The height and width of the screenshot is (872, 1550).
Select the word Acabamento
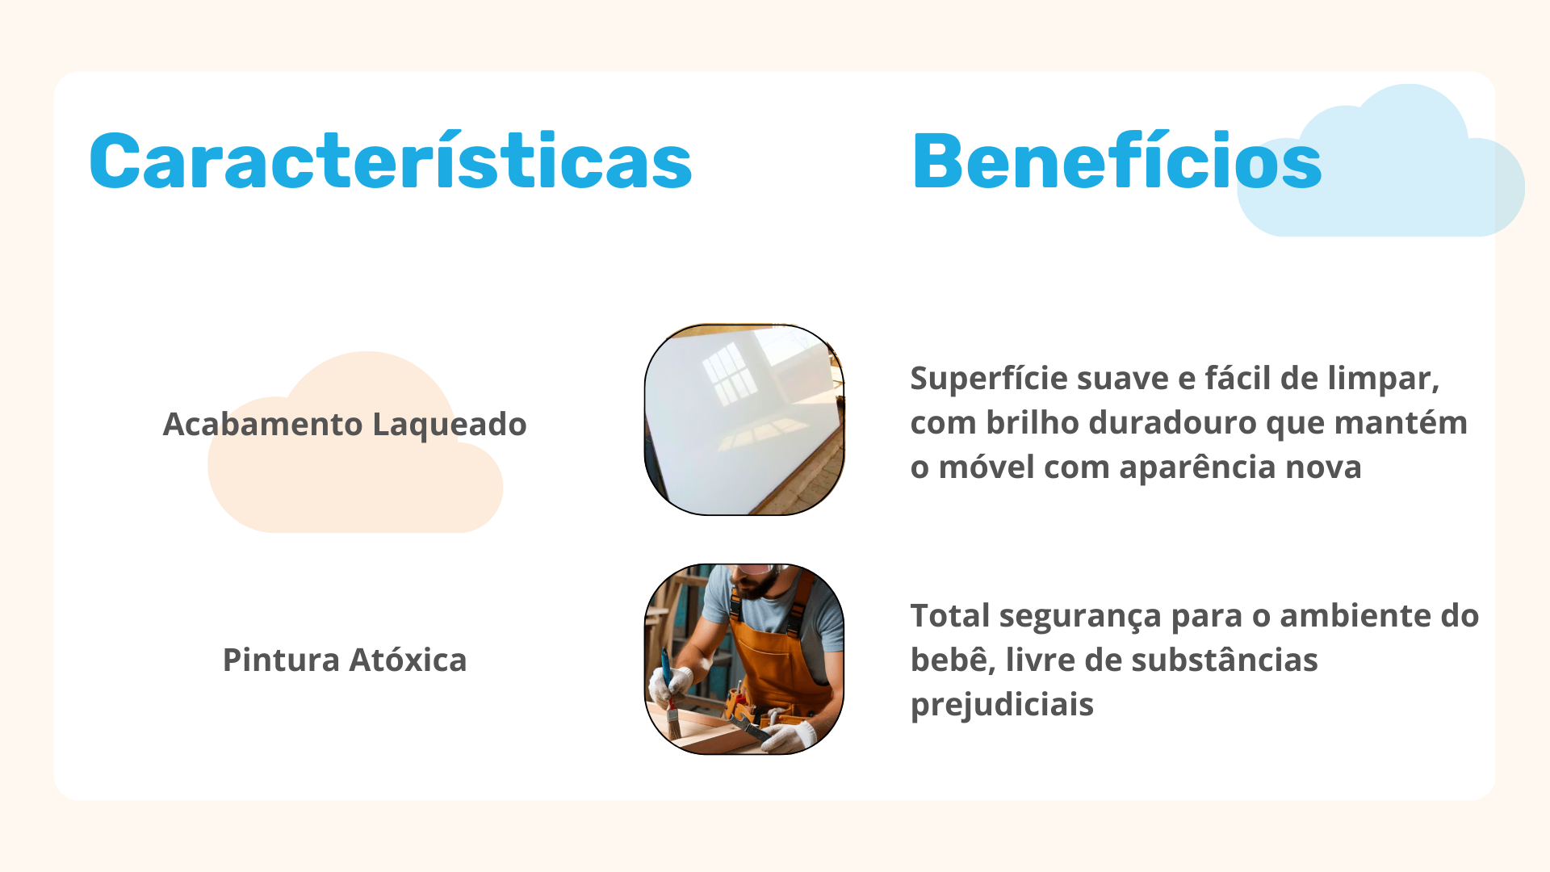pos(262,424)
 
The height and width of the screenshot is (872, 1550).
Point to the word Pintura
pos(281,660)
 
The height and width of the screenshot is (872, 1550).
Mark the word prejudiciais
pos(1002,705)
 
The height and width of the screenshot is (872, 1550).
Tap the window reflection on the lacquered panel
pos(731,373)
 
